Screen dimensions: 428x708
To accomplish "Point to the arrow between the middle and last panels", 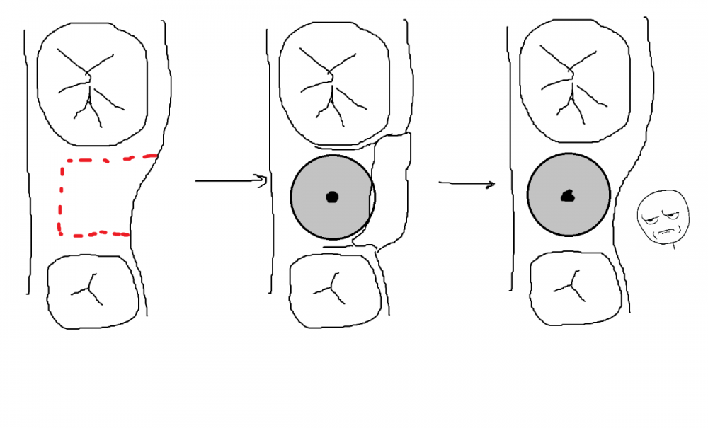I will pyautogui.click(x=466, y=184).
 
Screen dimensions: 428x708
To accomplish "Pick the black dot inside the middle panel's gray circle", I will pyautogui.click(x=331, y=197).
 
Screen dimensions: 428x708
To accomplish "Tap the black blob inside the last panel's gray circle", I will pyautogui.click(x=567, y=196).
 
